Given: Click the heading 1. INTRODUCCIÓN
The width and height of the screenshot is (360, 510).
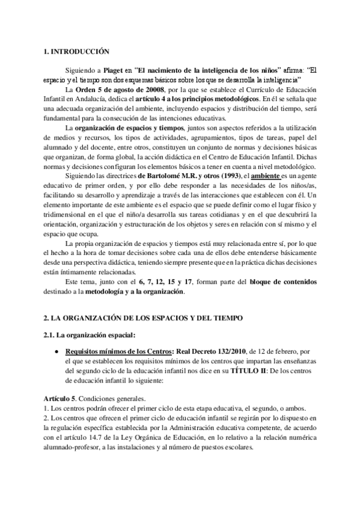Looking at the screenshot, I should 78,53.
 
